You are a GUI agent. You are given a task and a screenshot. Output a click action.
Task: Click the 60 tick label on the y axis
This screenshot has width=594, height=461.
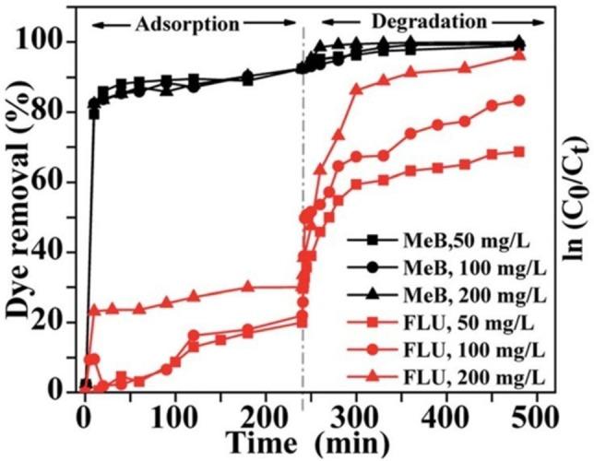[53, 183]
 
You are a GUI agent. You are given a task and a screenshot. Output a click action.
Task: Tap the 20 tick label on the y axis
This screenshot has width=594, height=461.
[53, 323]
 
